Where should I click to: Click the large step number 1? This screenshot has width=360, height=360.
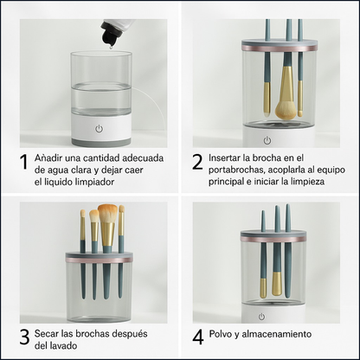click(x=24, y=162)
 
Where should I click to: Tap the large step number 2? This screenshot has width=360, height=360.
click(x=197, y=162)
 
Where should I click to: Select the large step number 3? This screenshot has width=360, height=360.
click(x=24, y=337)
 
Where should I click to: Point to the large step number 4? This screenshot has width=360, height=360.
click(x=198, y=337)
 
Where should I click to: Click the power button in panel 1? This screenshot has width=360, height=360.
click(x=100, y=129)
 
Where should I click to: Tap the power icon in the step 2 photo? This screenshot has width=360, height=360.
click(x=267, y=141)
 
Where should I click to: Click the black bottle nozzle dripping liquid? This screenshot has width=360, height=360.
click(x=109, y=36)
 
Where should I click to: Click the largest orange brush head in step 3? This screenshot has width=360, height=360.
click(x=107, y=214)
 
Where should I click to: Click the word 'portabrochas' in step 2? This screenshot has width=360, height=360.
click(x=236, y=170)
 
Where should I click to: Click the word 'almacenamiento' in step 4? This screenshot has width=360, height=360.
click(x=277, y=334)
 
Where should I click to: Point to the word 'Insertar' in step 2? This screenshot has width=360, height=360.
click(x=224, y=157)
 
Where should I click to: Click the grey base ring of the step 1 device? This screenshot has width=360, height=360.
click(x=101, y=142)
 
